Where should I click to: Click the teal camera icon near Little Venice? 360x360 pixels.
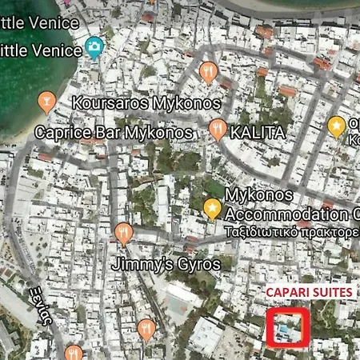(x=94, y=49)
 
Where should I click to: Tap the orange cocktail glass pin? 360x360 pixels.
(x=46, y=101)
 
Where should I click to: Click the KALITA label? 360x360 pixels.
(x=254, y=130)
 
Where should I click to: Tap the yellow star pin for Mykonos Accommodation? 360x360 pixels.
(x=212, y=209)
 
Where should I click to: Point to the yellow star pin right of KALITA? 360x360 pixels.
(x=337, y=125)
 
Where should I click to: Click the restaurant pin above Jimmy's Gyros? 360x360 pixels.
(x=122, y=234)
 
